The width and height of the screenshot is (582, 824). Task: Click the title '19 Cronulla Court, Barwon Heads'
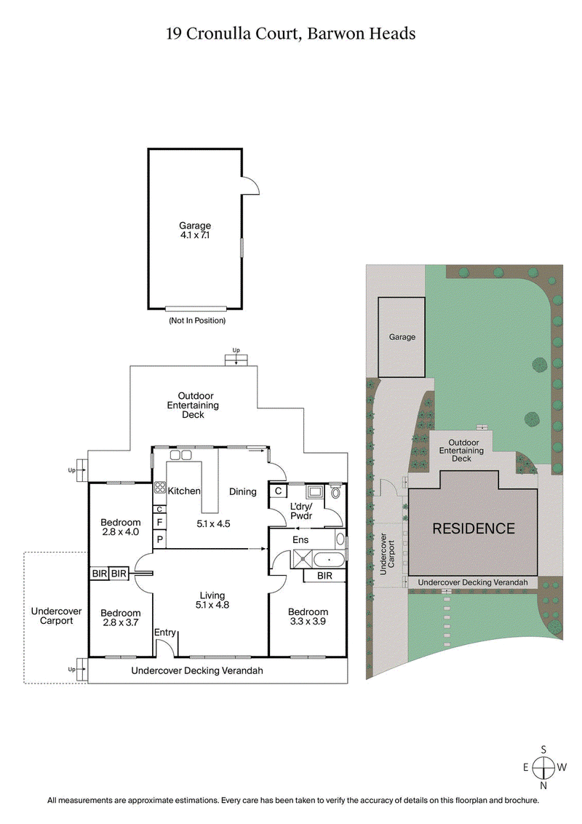click(290, 33)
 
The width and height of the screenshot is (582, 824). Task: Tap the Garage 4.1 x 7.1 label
click(195, 231)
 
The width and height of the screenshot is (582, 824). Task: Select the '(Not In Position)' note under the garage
click(196, 320)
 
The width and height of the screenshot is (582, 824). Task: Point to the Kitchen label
click(184, 491)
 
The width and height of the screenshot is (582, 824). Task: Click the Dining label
click(243, 492)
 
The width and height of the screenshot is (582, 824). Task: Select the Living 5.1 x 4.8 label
click(213, 600)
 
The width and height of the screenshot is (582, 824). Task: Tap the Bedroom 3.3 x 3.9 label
click(308, 617)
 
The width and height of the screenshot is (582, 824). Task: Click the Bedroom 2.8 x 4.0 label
click(121, 527)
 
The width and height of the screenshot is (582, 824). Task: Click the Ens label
click(301, 540)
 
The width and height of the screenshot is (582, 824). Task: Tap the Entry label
click(165, 633)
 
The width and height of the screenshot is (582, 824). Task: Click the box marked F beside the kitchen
click(159, 522)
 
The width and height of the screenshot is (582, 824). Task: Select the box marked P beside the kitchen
click(159, 539)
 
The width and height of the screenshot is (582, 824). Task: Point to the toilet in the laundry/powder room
click(335, 492)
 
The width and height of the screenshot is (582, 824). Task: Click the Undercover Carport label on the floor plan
click(56, 616)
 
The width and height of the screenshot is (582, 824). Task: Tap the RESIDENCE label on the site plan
click(474, 529)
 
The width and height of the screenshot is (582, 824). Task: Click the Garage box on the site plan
click(402, 337)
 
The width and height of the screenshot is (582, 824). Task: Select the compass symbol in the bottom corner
click(543, 767)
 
